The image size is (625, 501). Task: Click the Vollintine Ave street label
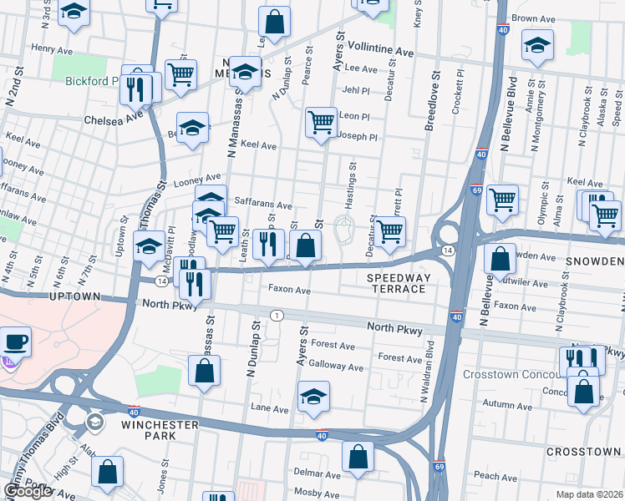pyautogui.click(x=381, y=49)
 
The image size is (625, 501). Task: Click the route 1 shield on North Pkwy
pyautogui.click(x=276, y=315)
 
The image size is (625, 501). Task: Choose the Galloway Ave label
pyautogui.click(x=336, y=366)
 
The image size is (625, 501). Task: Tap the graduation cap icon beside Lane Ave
pyautogui.click(x=313, y=395)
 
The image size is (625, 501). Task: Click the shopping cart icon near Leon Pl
pyautogui.click(x=321, y=122)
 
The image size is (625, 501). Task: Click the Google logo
pyautogui.click(x=28, y=490)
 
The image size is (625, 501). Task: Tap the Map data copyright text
pyautogui.click(x=587, y=494)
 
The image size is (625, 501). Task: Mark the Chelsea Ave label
pyautogui.click(x=114, y=120)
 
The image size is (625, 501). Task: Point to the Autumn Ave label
pyautogui.click(x=512, y=403)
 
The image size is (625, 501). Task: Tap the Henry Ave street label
pyautogui.click(x=48, y=49)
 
